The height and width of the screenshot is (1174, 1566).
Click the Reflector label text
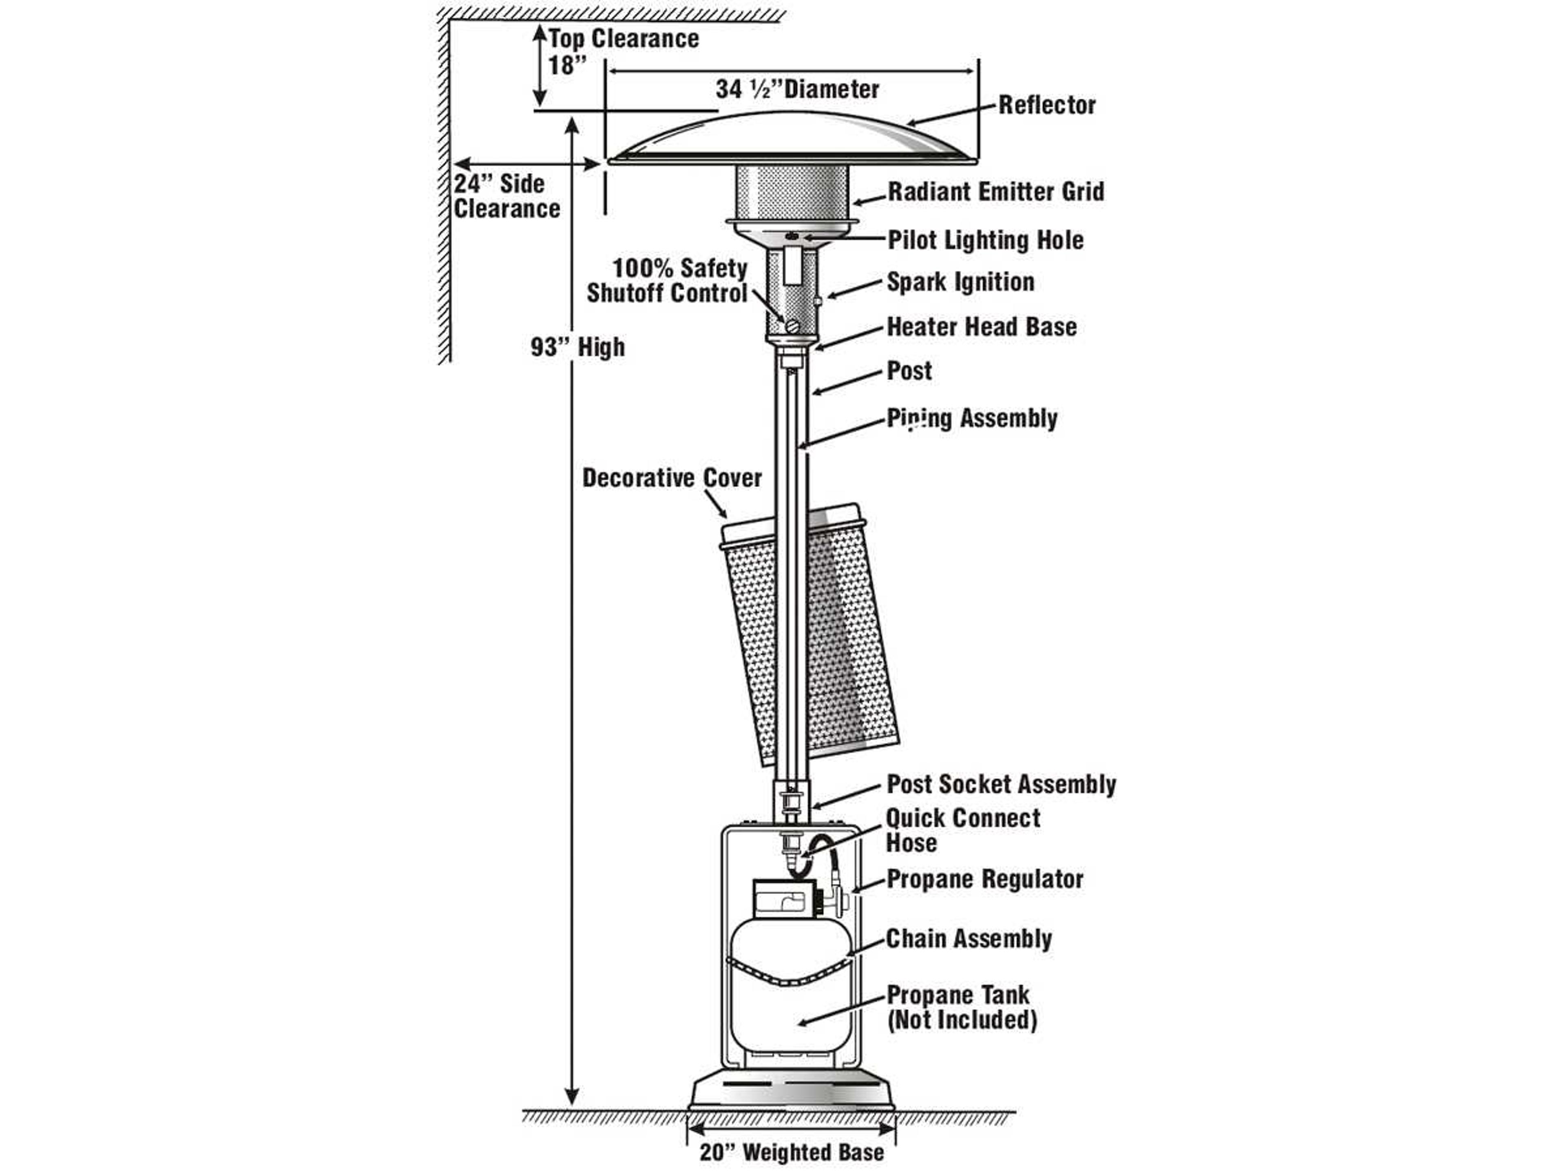(x=1046, y=106)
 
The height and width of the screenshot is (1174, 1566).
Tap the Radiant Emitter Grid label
(x=995, y=192)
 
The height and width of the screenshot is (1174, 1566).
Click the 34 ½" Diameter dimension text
(x=797, y=90)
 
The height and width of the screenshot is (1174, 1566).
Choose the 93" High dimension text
(x=578, y=347)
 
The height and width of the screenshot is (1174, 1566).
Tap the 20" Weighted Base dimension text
(x=792, y=1152)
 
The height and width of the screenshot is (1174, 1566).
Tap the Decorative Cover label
(x=672, y=479)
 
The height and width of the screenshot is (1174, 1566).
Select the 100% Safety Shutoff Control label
(x=667, y=281)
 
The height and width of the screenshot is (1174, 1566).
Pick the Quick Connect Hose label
(x=963, y=830)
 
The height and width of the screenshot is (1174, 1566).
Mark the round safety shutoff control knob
(x=792, y=326)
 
